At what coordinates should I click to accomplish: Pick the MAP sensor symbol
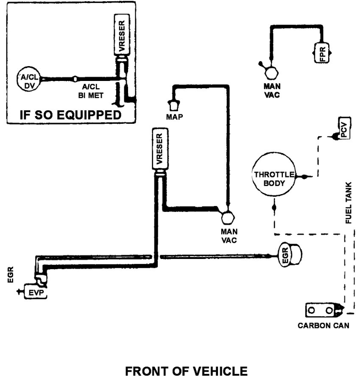coord(174,104)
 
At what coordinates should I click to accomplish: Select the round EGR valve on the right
coord(290,256)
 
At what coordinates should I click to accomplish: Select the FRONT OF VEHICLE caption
coord(186,372)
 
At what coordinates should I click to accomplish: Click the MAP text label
coord(174,117)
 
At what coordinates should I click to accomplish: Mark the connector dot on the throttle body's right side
coord(304,175)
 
